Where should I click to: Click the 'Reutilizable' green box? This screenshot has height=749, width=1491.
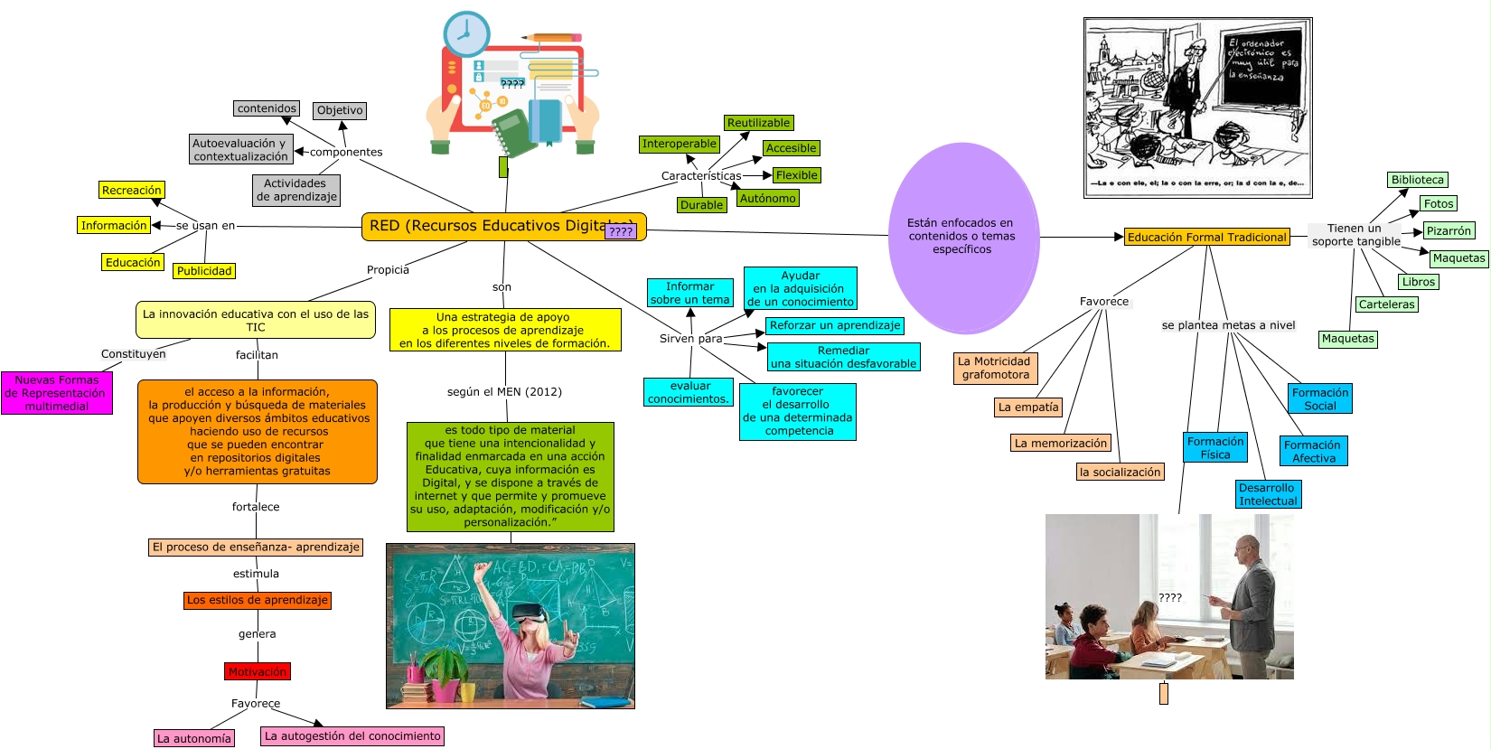[758, 123]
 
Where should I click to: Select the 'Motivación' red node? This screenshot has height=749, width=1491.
[258, 671]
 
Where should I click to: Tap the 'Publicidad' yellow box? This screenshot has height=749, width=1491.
[204, 270]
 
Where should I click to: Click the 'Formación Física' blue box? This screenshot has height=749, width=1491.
[1215, 447]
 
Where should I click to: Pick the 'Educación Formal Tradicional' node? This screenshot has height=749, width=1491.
[1206, 237]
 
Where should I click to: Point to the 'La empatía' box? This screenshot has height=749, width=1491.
[1028, 407]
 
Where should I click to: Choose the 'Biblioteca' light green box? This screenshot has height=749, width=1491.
[1417, 180]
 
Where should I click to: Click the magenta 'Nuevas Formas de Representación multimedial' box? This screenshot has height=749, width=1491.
[57, 393]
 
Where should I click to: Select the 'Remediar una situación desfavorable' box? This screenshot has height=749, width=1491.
[843, 357]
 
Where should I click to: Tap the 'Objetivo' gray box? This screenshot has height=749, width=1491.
[340, 110]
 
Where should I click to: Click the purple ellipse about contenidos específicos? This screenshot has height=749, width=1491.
[962, 237]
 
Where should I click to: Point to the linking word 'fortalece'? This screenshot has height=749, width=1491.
[256, 507]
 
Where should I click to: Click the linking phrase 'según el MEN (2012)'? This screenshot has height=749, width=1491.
[504, 391]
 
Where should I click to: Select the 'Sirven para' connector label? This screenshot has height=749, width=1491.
[690, 339]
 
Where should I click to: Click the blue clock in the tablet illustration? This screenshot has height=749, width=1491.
[466, 34]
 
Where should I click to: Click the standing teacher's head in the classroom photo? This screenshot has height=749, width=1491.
[1247, 548]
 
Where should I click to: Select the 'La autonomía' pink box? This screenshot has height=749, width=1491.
[194, 738]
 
